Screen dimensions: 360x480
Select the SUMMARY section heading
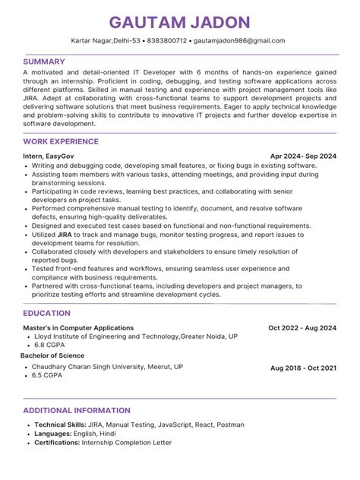44,61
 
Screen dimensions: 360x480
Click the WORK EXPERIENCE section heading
61,141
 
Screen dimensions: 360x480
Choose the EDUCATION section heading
47,313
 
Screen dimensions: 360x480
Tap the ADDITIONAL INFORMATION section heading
74,410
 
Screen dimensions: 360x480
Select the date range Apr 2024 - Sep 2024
303,156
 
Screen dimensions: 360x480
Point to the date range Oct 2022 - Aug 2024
302,328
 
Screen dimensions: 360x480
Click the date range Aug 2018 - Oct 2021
303,368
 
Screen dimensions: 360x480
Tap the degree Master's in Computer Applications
78,328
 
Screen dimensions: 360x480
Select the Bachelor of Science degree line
52,355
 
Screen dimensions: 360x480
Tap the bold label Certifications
56,442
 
